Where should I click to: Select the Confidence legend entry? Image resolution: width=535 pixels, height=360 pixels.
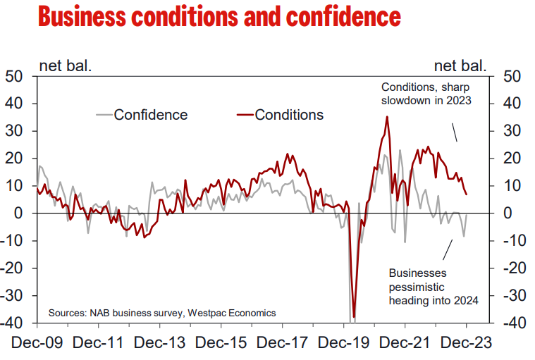point(150,115)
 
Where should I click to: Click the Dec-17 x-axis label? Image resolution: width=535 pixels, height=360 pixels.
point(282,343)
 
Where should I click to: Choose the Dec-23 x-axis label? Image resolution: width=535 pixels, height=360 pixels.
point(467,343)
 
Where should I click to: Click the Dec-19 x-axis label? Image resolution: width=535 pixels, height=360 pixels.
point(344,343)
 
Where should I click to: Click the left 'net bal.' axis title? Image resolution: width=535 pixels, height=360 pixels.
point(64,67)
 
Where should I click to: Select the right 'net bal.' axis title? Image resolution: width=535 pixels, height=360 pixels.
point(460,67)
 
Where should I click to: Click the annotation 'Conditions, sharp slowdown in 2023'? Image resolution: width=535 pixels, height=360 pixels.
point(426,94)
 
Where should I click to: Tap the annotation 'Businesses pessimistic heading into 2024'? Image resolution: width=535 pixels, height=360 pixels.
point(433,286)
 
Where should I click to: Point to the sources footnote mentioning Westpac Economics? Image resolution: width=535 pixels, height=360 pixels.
point(162,312)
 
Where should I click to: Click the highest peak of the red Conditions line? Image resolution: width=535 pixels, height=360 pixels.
point(387,117)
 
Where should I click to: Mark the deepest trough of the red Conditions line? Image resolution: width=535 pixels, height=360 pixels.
point(354,317)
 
